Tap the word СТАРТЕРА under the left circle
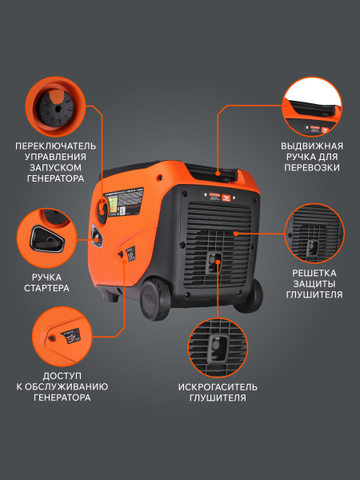[46, 287]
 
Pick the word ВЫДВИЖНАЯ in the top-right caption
[312, 146]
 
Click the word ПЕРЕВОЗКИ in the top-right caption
[312, 168]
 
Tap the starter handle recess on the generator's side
[98, 235]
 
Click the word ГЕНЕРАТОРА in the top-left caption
[54, 180]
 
